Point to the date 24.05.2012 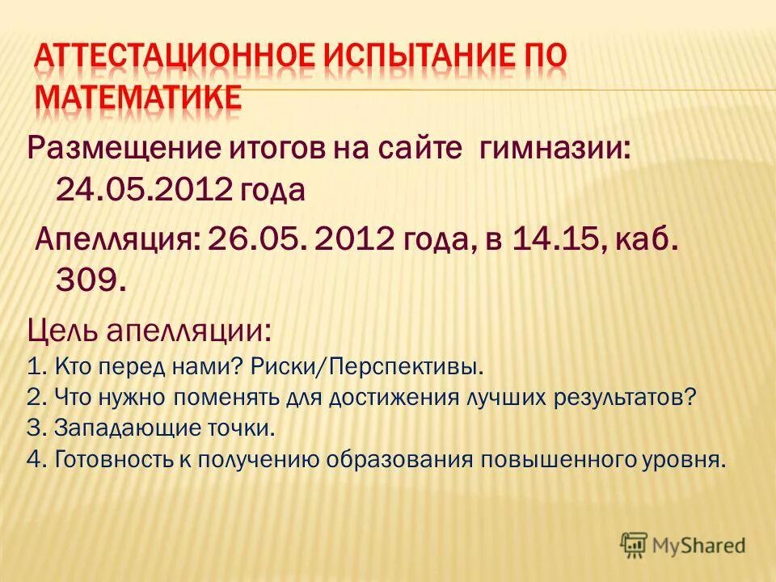click(x=145, y=190)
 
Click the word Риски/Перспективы click(x=367, y=368)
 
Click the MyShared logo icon click(x=635, y=544)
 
